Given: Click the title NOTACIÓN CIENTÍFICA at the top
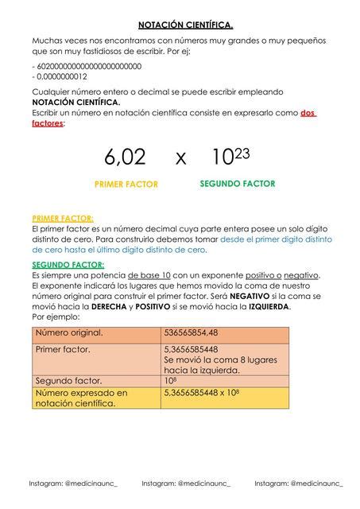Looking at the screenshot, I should coord(180,24).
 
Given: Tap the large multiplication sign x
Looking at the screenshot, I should coord(181,159).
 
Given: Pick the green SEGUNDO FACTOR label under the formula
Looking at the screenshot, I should coord(237,184).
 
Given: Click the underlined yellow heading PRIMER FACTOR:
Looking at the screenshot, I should coord(63,218).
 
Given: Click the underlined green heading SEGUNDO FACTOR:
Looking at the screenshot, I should coord(68,264).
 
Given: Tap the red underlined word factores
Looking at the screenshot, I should coord(48,124).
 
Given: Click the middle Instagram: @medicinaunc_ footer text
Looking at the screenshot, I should coord(186,483).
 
